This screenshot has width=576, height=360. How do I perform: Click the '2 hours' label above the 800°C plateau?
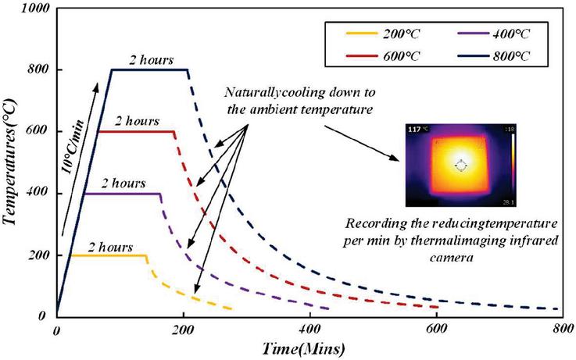[x=153, y=59]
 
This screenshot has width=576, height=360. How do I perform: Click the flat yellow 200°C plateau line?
[x=109, y=255]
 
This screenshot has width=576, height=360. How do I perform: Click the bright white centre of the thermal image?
[x=460, y=166]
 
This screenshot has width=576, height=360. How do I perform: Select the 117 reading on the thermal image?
[x=414, y=130]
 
